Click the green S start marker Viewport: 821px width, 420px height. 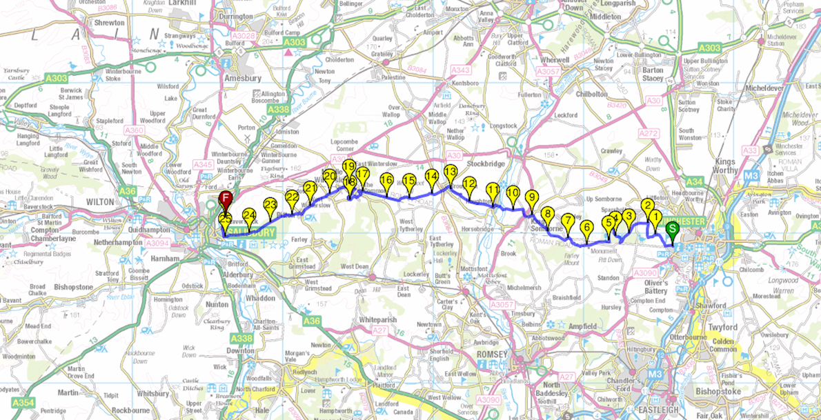(x=672, y=231)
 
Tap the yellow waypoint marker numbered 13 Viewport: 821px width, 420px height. (x=451, y=172)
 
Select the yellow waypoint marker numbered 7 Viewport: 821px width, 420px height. (x=568, y=221)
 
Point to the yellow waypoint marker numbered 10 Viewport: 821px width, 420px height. (x=513, y=194)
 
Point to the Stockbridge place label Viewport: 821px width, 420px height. (x=486, y=164)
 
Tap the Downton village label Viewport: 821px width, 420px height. (x=241, y=350)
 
